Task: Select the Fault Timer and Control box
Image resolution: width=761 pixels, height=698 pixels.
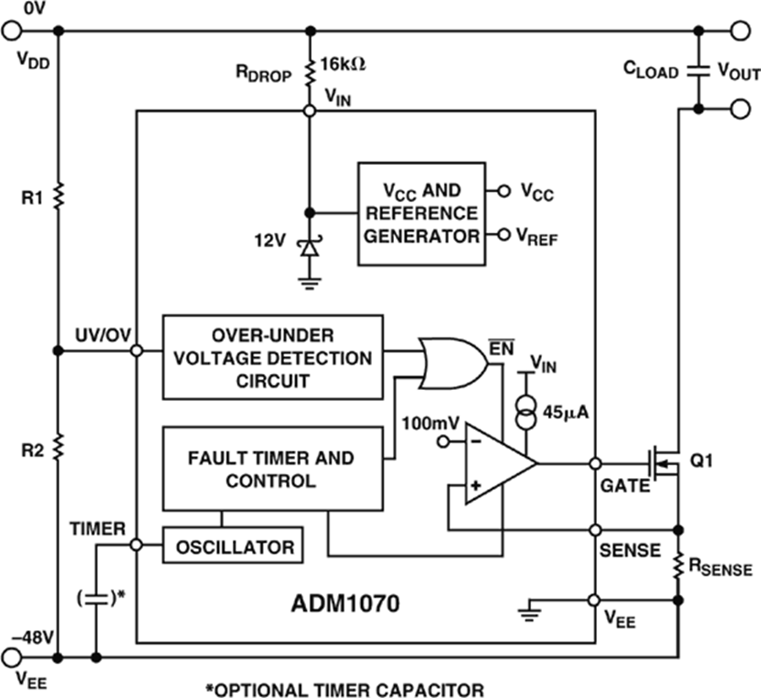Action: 271,469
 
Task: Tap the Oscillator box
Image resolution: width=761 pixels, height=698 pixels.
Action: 235,547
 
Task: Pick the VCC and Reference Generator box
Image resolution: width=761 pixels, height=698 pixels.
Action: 421,213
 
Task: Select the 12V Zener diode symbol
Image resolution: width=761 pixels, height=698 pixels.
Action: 309,247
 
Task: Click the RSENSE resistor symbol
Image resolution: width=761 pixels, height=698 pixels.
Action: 678,564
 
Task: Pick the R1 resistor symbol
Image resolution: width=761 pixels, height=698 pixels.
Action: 58,196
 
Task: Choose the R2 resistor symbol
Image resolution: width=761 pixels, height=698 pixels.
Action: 58,446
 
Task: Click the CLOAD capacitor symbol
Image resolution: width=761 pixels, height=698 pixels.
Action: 698,71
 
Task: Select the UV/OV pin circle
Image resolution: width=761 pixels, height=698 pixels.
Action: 136,350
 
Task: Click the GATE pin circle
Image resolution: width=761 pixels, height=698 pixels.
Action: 595,464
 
